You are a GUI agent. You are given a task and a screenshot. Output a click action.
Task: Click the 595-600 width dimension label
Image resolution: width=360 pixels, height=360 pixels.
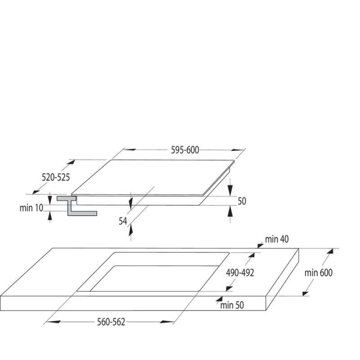[x=185, y=150]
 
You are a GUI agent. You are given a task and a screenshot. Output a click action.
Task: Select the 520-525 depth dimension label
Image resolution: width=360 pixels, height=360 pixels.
[x=56, y=177]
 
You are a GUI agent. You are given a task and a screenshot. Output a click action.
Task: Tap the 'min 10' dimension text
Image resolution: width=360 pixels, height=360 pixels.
[x=31, y=208]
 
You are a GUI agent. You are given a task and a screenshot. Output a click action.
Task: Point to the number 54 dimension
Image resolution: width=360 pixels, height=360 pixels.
[x=123, y=221]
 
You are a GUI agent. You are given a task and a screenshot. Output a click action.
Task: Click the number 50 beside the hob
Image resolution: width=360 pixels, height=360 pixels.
[x=242, y=201]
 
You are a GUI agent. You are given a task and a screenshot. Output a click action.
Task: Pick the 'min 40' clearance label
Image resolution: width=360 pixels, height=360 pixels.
[x=277, y=239]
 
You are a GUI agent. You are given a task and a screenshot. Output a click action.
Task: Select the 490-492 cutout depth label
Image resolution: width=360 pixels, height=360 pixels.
[x=240, y=273]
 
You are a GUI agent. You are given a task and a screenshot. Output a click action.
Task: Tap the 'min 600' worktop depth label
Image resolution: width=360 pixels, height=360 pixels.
[x=318, y=273]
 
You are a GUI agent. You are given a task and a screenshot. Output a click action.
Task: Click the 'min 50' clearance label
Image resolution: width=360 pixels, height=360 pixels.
[x=232, y=305]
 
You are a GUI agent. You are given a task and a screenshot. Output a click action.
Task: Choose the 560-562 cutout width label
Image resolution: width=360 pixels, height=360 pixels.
[x=111, y=322]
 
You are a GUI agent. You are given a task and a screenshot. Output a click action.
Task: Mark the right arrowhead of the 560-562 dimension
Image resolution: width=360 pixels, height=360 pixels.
[x=167, y=322]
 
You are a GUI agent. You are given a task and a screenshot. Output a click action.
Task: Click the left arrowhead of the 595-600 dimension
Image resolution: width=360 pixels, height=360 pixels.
[x=130, y=150]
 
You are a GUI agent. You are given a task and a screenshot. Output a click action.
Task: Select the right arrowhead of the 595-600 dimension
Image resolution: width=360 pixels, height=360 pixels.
[x=238, y=150]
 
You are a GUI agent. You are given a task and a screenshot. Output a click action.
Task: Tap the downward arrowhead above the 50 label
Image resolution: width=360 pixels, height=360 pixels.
[x=230, y=191]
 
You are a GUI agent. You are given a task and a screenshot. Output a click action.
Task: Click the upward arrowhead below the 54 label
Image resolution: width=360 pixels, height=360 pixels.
[x=131, y=230]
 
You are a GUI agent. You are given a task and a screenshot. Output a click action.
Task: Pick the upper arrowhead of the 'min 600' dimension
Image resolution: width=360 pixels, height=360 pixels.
[x=330, y=251]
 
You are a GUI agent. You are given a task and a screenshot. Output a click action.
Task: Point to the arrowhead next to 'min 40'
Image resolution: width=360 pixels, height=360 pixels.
[x=261, y=245]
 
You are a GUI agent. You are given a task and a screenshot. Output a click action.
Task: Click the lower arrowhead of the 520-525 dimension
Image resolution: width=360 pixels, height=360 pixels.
[x=36, y=192]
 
